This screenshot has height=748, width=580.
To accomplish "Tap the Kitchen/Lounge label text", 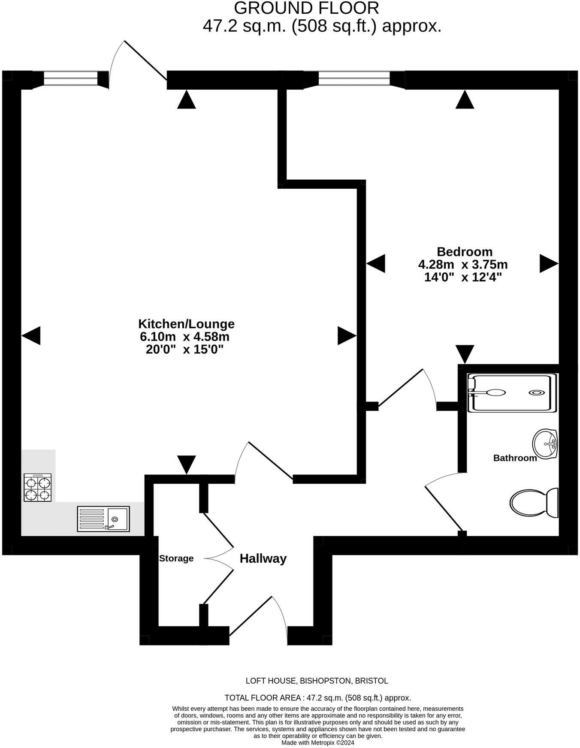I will coord(186,324).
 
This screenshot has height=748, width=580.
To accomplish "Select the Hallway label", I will coord(263,558).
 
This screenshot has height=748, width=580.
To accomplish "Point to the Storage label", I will coord(176,558).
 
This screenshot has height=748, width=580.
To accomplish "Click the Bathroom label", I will coord(515,458).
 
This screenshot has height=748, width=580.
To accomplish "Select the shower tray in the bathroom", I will coord(512,393).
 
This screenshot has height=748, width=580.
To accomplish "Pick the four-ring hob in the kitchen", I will coord(38,488).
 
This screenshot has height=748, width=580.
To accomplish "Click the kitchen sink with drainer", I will coord(103,519).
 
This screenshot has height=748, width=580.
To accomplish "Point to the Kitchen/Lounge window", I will coord(71,78).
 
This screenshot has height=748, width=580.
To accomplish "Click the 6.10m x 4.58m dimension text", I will coord(184,337).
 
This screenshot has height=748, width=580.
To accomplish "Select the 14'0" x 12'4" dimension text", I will coord(463,277).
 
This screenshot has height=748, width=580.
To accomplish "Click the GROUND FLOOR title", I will coord(306,9).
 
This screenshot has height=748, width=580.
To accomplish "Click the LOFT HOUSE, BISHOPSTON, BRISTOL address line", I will coord(317,681).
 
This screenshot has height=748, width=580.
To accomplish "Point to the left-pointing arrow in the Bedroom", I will coord(376,263).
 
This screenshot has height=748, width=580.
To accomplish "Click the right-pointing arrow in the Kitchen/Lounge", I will coord(347,335).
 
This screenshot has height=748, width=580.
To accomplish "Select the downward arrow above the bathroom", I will coord(465,353).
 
